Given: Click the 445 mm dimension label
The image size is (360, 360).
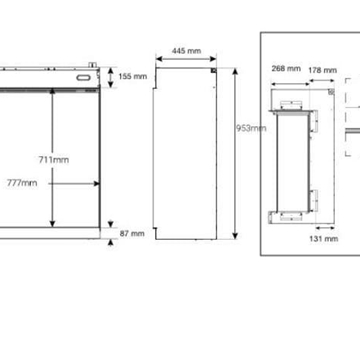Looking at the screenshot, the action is click(x=186, y=51).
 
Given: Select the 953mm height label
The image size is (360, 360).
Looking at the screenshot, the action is click(x=251, y=128).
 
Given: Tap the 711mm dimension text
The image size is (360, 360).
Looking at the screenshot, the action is click(x=54, y=160).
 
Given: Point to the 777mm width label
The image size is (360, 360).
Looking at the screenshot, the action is click(x=22, y=183).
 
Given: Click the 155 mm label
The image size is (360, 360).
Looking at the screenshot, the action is click(x=133, y=76).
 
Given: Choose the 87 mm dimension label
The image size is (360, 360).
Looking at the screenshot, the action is click(x=132, y=233).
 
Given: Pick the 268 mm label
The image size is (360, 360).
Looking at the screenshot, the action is click(x=286, y=69).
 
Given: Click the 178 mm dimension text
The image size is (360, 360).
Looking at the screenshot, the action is click(x=322, y=70).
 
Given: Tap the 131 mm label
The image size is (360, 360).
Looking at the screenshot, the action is click(x=324, y=239).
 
